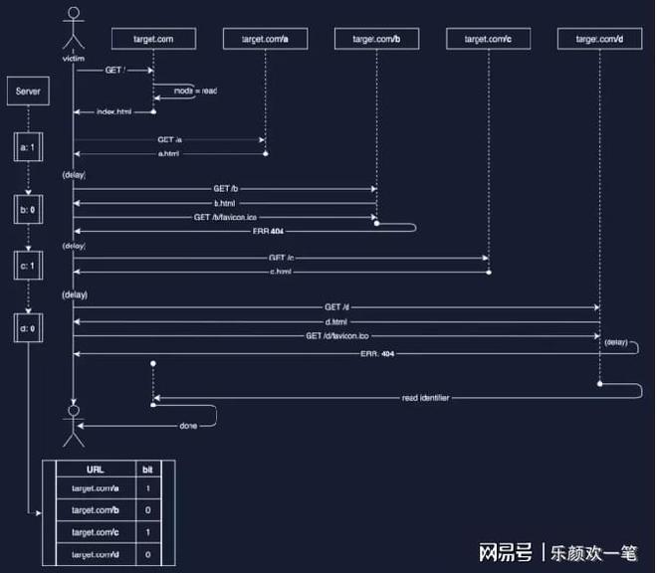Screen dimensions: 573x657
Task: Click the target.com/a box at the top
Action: pyautogui.click(x=266, y=38)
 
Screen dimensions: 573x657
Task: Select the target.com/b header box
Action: pyautogui.click(x=377, y=38)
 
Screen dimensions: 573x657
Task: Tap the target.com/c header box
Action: pyautogui.click(x=489, y=38)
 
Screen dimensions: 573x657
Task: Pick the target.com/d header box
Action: pyautogui.click(x=600, y=38)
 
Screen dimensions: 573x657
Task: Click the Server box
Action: pyautogui.click(x=28, y=93)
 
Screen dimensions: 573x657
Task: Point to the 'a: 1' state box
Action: pyautogui.click(x=28, y=148)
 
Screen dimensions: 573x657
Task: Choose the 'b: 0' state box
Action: pyautogui.click(x=28, y=210)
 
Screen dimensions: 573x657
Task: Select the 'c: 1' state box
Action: pyautogui.click(x=28, y=266)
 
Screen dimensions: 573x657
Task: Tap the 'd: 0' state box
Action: pyautogui.click(x=28, y=328)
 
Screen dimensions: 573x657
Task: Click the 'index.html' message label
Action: pyautogui.click(x=113, y=111)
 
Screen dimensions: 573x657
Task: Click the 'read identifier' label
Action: pyautogui.click(x=425, y=398)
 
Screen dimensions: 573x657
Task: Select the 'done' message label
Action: pyautogui.click(x=188, y=425)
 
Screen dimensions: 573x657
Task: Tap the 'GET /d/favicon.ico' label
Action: pyautogui.click(x=337, y=336)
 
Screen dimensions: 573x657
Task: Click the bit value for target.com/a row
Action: pyautogui.click(x=149, y=488)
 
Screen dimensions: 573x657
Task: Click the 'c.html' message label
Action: pyautogui.click(x=282, y=271)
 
